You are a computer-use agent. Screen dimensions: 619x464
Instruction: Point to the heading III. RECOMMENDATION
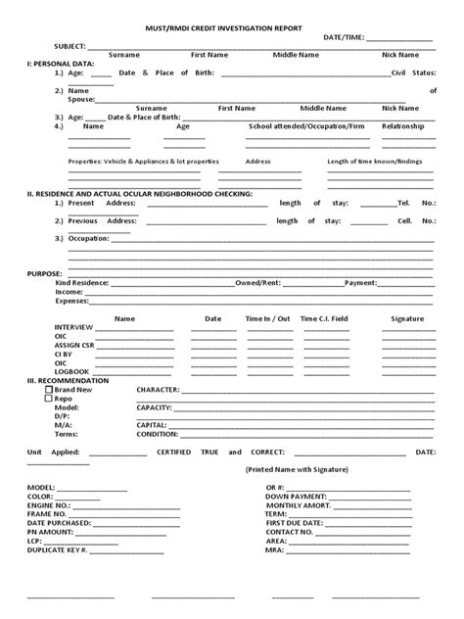pos(68,380)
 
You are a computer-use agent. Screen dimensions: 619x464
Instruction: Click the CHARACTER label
pos(158,389)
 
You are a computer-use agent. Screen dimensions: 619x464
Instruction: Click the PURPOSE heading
pos(45,273)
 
